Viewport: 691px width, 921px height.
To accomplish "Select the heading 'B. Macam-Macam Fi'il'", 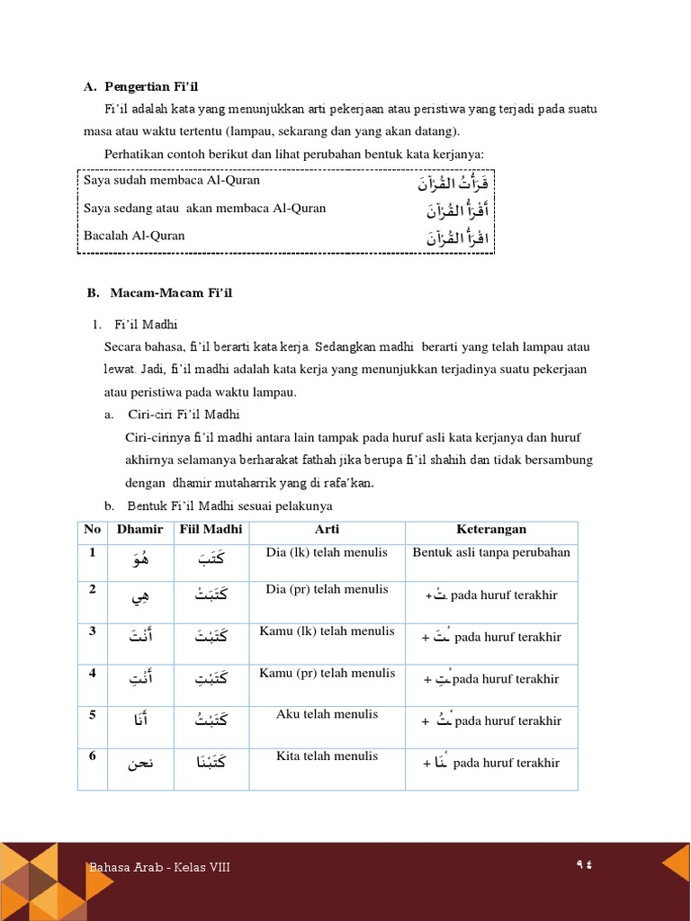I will (159, 293).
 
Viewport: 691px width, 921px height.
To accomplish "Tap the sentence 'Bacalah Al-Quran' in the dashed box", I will (134, 236).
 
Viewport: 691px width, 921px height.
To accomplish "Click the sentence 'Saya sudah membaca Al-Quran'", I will (172, 180).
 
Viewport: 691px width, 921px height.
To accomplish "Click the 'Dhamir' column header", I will (139, 530).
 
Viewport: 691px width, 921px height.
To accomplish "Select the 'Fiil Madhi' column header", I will (211, 530).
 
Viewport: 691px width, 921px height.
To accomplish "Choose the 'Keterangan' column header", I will (490, 530).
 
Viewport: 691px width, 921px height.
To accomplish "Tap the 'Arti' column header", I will (327, 530).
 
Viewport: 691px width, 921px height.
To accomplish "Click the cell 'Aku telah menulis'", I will (327, 714).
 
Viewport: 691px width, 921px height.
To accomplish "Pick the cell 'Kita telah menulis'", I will (327, 756).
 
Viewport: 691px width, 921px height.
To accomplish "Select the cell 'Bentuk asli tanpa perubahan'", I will (490, 552).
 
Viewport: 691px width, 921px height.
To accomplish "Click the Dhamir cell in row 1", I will (139, 560).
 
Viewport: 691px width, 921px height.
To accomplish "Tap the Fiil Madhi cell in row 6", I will (211, 763).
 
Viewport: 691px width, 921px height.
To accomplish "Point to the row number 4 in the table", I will (92, 672).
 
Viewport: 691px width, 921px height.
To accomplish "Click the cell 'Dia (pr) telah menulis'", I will (327, 589).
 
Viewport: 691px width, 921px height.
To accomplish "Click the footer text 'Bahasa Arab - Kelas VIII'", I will (159, 867).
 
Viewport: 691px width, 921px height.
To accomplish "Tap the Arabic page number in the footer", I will (586, 864).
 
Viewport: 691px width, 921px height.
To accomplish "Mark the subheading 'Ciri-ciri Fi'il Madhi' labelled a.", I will (184, 415).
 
